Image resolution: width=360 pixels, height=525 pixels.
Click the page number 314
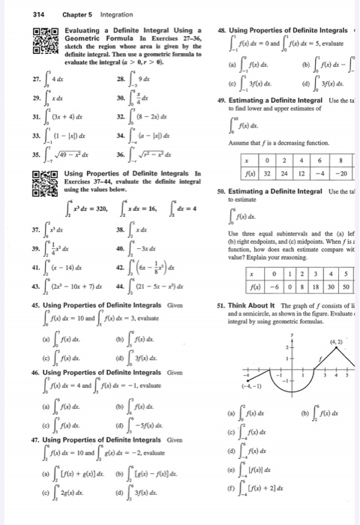pyautogui.click(x=13, y=9)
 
